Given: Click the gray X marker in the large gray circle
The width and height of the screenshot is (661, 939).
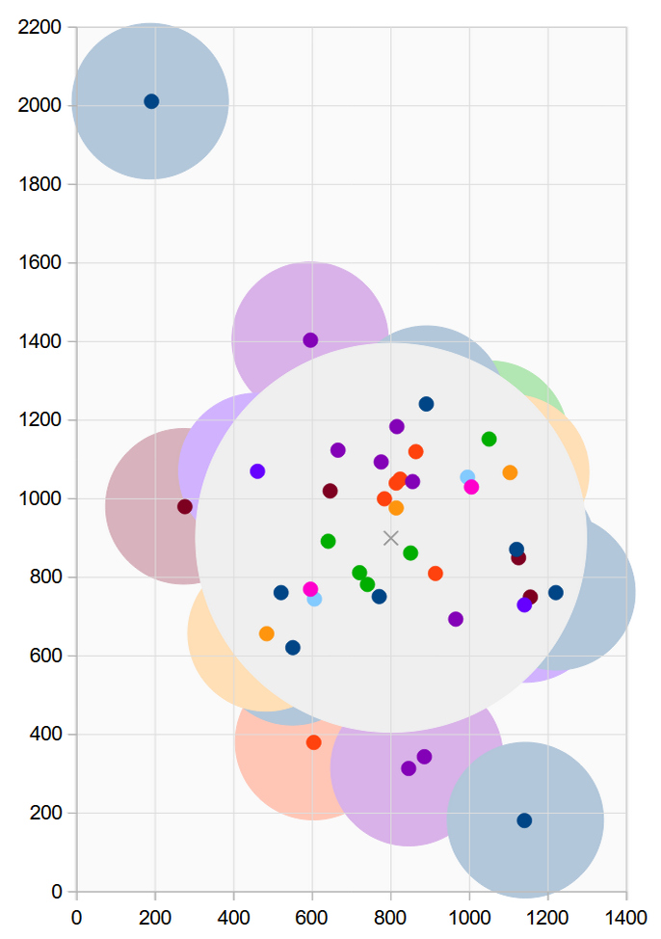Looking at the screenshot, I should pyautogui.click(x=390, y=538).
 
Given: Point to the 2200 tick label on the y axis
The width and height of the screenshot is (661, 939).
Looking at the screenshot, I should pyautogui.click(x=40, y=27).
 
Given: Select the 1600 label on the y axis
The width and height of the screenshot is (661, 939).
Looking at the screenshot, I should pyautogui.click(x=40, y=262).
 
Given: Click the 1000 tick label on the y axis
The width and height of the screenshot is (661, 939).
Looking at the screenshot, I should pyautogui.click(x=40, y=498).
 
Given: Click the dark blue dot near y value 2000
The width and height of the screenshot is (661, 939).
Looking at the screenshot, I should pyautogui.click(x=151, y=101).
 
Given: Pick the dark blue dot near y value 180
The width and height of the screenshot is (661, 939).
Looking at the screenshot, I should pyautogui.click(x=524, y=820).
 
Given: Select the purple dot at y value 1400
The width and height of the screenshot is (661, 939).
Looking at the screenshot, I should pyautogui.click(x=310, y=340).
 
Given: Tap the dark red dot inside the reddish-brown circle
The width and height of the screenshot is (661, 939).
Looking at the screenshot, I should pyautogui.click(x=185, y=507).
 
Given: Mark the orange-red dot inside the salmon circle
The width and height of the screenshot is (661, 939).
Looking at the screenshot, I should pyautogui.click(x=313, y=742).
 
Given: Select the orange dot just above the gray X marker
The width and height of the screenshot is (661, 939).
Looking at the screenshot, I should pyautogui.click(x=396, y=508).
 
